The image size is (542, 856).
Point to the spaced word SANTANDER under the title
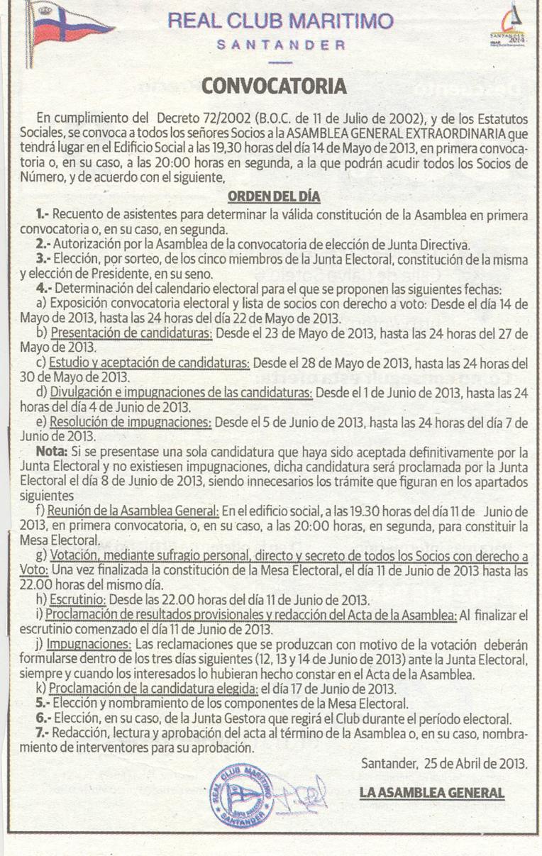pyautogui.click(x=280, y=45)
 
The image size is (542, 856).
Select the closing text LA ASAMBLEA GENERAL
pyautogui.click(x=431, y=792)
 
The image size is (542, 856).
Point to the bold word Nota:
pyautogui.click(x=52, y=452)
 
